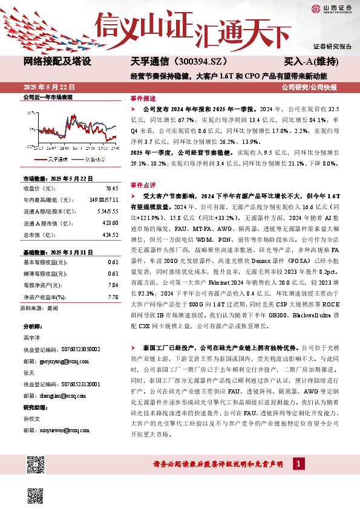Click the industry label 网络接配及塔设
57,62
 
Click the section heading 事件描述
143,97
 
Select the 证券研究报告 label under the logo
332,46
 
